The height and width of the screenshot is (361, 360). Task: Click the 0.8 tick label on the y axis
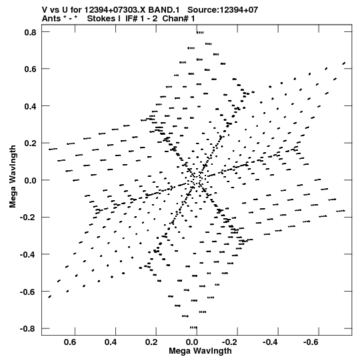[x=30, y=33]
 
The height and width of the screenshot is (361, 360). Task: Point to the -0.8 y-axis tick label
[x=28, y=328]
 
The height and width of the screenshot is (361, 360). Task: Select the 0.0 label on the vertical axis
[x=30, y=180]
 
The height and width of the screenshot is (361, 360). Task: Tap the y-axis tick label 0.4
[x=30, y=107]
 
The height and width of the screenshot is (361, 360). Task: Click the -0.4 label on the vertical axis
[x=28, y=255]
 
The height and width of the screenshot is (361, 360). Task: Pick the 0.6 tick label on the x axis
[x=70, y=342]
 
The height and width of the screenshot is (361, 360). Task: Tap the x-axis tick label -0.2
[x=231, y=342]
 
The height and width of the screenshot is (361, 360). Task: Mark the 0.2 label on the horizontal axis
[x=151, y=342]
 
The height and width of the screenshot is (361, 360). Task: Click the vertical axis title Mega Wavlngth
[x=13, y=177]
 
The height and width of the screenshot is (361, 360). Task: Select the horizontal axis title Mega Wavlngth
[x=200, y=351]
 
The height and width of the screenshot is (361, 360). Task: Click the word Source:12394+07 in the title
[x=223, y=10]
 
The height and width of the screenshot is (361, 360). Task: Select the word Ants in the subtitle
[x=51, y=19]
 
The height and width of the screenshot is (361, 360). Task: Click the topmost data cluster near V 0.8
[x=200, y=33]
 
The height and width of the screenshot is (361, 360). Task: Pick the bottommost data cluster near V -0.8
[x=194, y=328]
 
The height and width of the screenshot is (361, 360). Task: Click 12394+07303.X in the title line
[x=115, y=10]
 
